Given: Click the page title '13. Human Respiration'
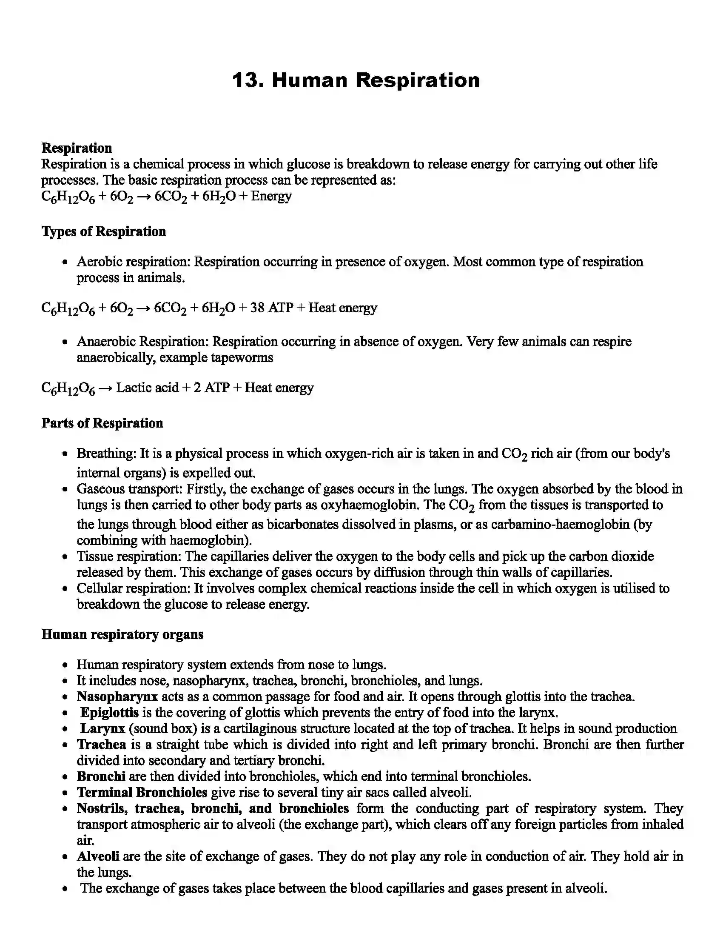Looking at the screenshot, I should point(356,80).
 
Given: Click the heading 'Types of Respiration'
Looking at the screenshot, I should point(104,231).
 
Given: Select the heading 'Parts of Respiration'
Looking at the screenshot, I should point(102,423).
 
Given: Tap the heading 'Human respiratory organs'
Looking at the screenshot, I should point(122,634).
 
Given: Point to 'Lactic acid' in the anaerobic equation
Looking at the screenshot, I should point(147,388).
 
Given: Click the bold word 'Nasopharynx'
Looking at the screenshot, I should point(117,697).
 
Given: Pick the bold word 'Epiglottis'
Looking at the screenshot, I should point(109,713).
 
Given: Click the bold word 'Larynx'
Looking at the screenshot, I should point(103,728).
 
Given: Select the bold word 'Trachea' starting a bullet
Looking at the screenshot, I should point(102,745).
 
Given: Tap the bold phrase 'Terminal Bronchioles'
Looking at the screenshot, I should point(142,793).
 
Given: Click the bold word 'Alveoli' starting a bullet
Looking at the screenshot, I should point(98,856).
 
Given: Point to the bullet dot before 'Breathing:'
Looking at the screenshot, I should point(65,454).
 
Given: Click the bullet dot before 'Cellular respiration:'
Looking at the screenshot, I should point(65,589).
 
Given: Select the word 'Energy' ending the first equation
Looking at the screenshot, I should point(271,196).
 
